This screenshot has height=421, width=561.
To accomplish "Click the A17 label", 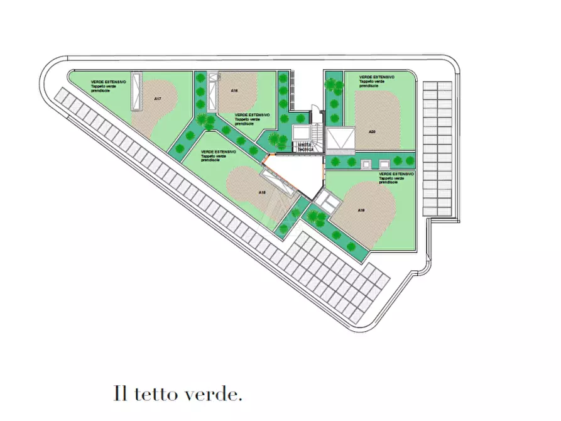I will tap(158, 99).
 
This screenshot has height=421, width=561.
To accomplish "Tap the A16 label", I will tap(234, 90).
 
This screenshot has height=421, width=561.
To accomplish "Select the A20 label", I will tap(372, 131).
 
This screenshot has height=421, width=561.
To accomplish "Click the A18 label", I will tap(263, 192).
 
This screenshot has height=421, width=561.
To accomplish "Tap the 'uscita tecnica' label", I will tap(306, 147).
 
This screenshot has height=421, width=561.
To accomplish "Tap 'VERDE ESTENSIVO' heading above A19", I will tap(396, 173).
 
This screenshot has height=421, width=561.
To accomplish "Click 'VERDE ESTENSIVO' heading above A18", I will tap(219, 152).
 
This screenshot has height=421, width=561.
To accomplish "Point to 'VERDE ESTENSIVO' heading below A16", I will tap(253, 115).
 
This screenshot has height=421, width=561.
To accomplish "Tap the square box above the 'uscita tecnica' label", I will tap(302, 133).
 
